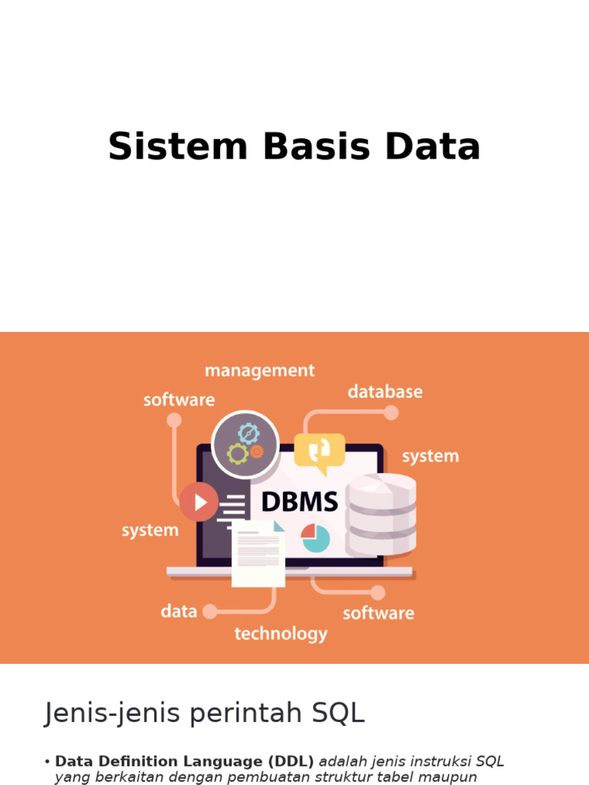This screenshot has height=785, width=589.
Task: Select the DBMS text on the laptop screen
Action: click(299, 502)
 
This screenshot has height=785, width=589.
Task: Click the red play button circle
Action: click(199, 502)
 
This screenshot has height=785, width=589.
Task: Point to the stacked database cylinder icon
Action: click(381, 514)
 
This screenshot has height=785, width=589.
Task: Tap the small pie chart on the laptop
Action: click(314, 537)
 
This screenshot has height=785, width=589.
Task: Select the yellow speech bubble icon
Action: click(319, 452)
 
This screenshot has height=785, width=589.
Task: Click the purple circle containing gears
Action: click(245, 444)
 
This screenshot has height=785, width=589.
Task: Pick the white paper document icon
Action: click(258, 553)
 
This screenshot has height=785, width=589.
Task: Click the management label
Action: click(259, 371)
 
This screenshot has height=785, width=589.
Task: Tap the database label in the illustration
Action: click(385, 392)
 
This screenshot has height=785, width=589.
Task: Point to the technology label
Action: click(281, 634)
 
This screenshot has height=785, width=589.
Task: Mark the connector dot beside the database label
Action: click(391, 413)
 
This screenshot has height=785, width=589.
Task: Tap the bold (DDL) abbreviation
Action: click(290, 762)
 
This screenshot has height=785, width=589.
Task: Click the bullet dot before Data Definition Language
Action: click(48, 762)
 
